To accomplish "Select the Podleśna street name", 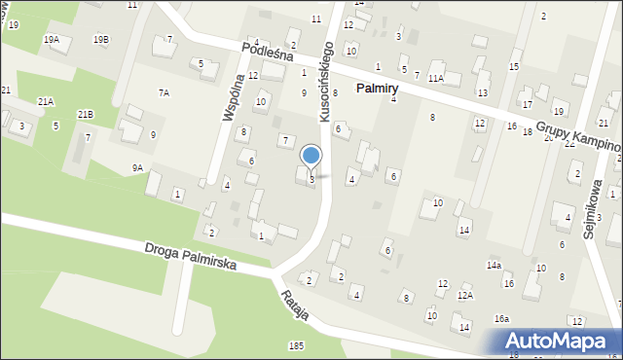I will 270,55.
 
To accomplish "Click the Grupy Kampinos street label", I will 574,136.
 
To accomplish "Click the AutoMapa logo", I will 559,341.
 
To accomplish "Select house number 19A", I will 52,39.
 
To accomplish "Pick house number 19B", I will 101,39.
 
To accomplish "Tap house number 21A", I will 46,101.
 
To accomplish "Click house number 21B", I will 86,115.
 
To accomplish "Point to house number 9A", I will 138,168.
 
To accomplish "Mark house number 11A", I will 435,78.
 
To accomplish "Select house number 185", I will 296,345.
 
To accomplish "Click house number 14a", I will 495,266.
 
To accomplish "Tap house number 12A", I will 465,295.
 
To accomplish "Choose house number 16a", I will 501,319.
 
